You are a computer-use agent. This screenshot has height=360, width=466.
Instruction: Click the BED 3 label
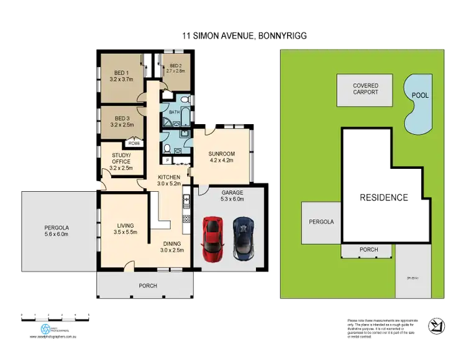(121, 121)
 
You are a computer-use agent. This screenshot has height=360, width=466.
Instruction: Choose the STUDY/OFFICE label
(121, 161)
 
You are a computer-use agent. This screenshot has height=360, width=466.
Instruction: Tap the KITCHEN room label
(168, 180)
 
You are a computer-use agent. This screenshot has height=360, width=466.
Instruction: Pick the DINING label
(171, 247)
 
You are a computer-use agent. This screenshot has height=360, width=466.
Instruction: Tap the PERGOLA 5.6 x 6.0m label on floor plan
(58, 230)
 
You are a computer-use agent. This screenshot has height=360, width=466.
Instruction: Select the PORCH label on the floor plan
(147, 286)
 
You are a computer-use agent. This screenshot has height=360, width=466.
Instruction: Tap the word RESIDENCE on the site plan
(383, 198)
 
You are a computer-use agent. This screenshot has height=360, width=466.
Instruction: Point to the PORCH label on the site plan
(367, 250)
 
